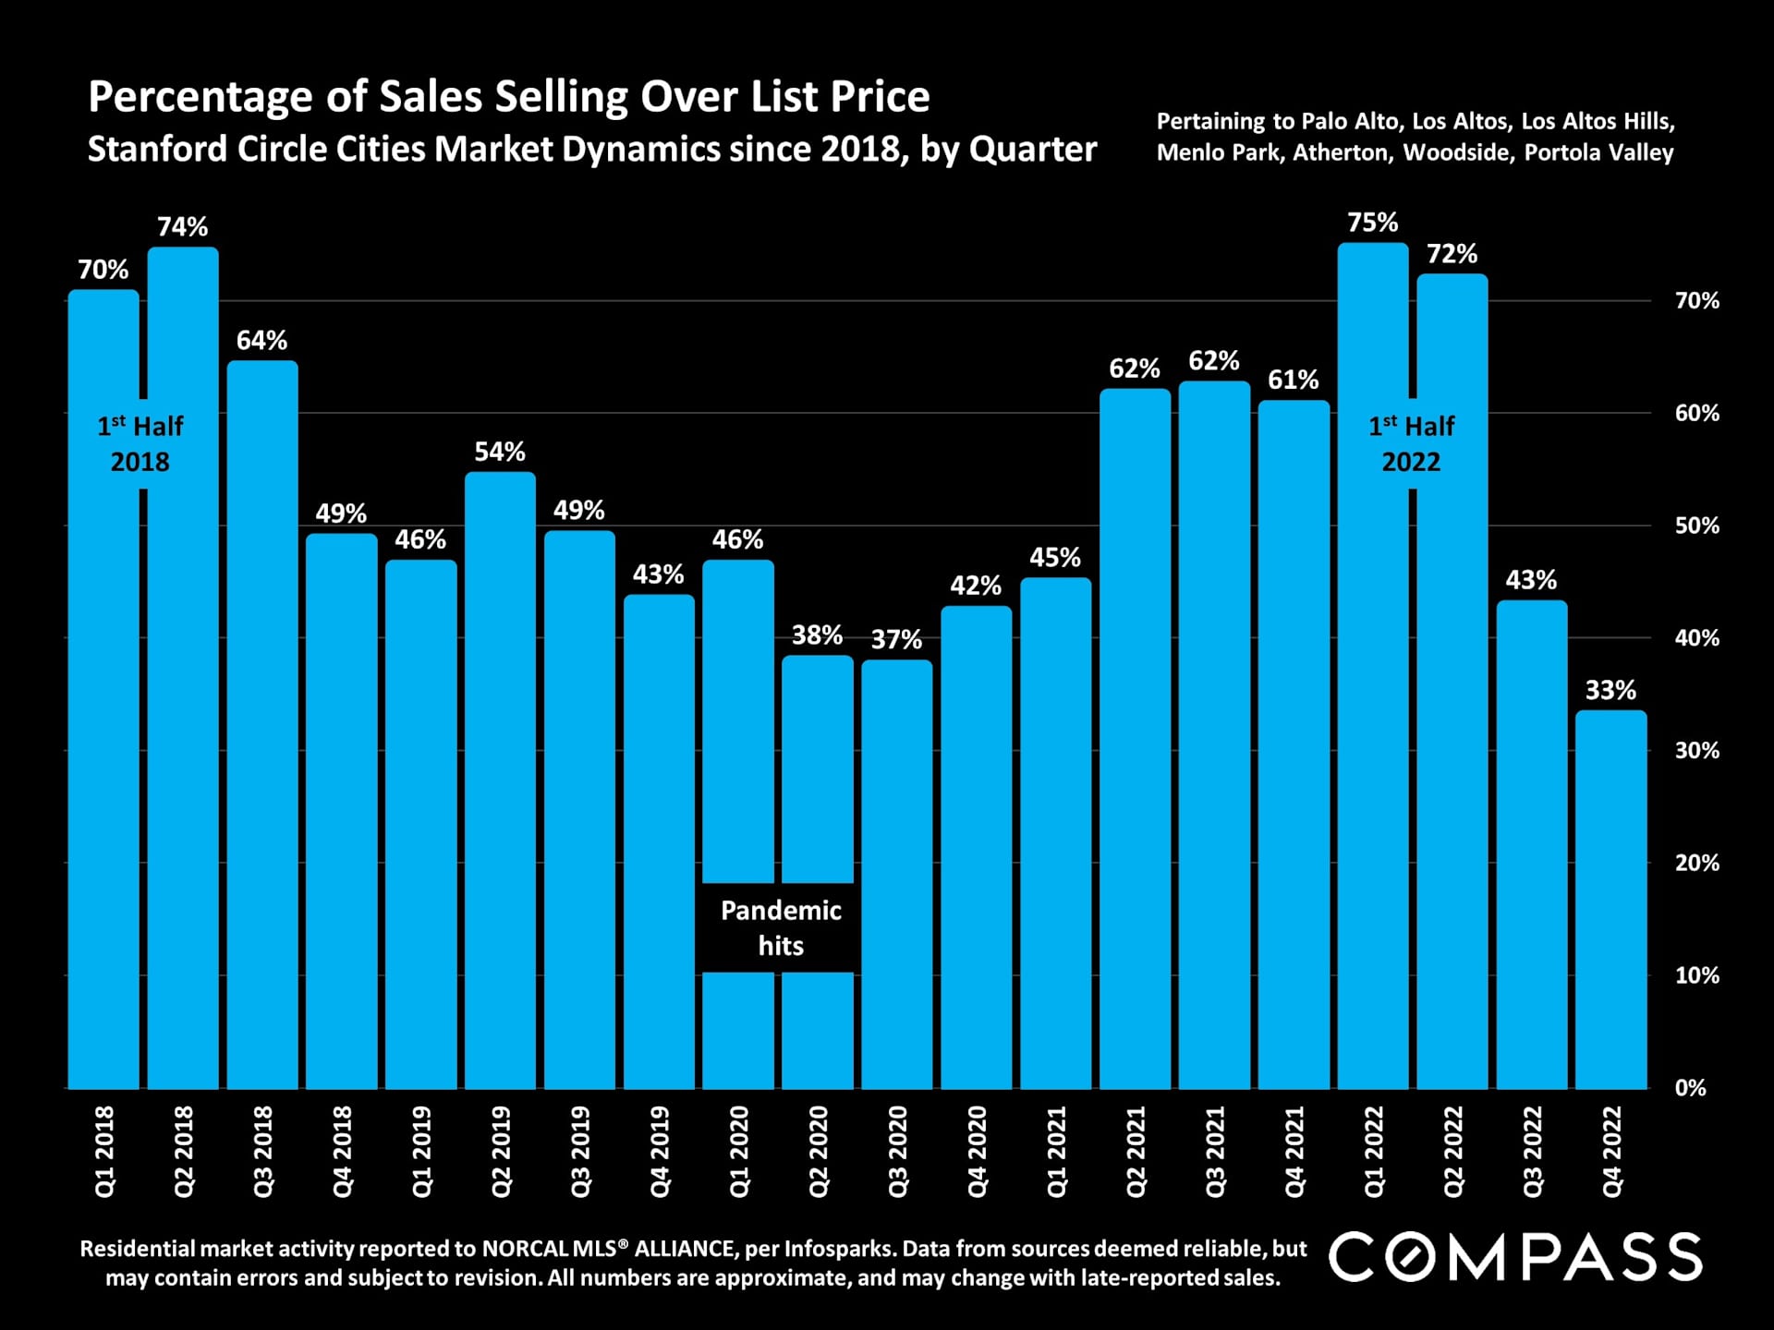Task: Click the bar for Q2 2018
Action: (183, 665)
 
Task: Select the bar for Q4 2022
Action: (1610, 901)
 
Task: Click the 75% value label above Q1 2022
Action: (1372, 223)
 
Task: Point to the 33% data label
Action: (1610, 690)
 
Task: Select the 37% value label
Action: (896, 639)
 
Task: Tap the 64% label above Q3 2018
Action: (261, 341)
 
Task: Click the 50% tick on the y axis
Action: (1696, 526)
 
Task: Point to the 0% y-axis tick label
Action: (1690, 1088)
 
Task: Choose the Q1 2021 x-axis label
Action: (1056, 1152)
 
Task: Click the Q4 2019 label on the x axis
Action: (660, 1152)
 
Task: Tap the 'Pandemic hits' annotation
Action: (781, 927)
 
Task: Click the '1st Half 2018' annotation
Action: (140, 443)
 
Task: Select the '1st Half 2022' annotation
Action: (1411, 443)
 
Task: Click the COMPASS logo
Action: (1515, 1257)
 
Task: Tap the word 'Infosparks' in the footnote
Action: (839, 1249)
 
